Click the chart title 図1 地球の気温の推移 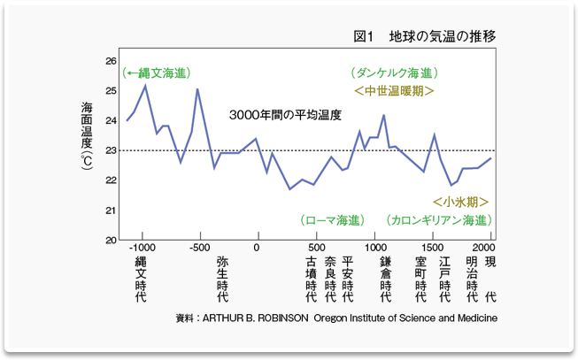tap(424, 36)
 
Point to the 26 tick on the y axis tap(110, 61)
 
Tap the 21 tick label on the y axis tap(110, 211)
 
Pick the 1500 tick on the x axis tap(433, 248)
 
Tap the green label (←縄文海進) tap(158, 73)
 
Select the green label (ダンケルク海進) tap(393, 73)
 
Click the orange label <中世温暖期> tap(393, 90)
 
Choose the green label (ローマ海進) tap(332, 220)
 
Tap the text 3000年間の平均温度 tap(284, 116)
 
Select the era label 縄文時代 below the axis tap(142, 282)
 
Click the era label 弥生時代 tap(223, 282)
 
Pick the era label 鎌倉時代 tap(386, 282)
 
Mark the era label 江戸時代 tap(445, 282)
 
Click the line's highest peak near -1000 tap(145, 85)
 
